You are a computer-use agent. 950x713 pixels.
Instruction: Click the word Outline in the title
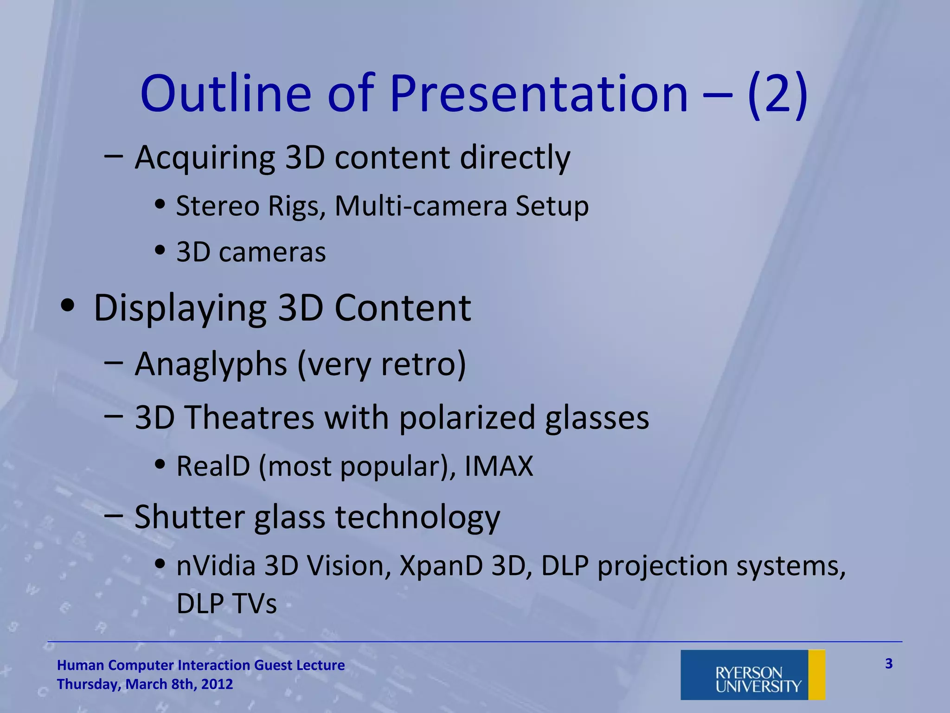tap(226, 94)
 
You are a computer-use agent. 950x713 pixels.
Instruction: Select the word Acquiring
tap(205, 158)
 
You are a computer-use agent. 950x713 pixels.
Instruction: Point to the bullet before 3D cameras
tap(160, 251)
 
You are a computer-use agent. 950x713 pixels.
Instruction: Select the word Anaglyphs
tap(211, 364)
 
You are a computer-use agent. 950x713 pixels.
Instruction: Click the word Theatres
tap(250, 417)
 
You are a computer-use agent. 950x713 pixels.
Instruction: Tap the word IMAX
tap(499, 466)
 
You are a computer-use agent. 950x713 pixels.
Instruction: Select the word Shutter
tap(189, 517)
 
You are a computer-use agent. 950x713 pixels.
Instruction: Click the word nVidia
tap(216, 566)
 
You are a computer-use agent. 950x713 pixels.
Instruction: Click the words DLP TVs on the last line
tap(226, 603)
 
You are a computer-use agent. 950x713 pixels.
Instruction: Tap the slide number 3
tap(889, 664)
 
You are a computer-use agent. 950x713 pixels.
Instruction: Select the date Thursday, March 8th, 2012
tap(145, 684)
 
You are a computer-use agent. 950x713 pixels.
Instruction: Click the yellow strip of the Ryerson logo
tap(816, 674)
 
